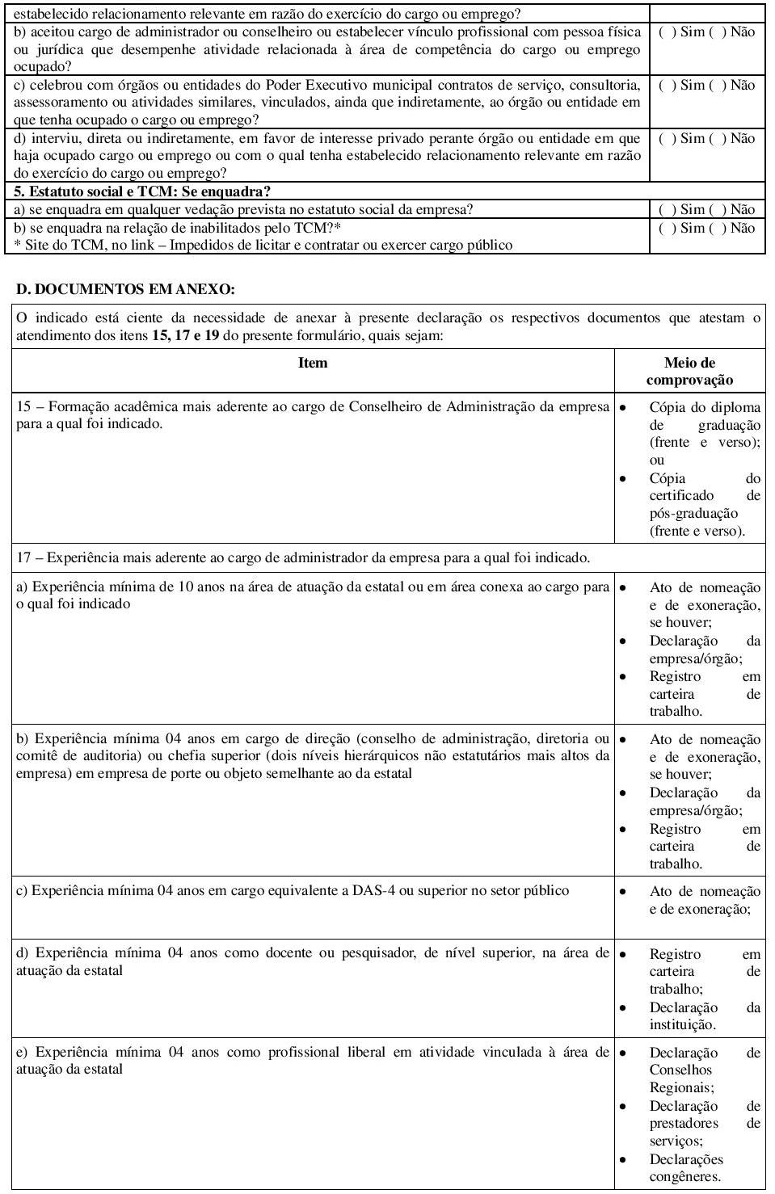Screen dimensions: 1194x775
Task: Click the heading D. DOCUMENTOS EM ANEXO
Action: [125, 288]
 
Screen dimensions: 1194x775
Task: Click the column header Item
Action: [313, 363]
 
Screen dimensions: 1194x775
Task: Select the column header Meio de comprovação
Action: [689, 371]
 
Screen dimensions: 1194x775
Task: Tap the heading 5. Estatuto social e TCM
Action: [141, 191]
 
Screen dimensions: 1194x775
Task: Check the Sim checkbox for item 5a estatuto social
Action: [663, 210]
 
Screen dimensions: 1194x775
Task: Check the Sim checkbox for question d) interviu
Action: [663, 139]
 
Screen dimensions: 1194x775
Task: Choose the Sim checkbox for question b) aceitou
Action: [663, 32]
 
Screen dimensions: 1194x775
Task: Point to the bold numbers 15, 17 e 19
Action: [185, 335]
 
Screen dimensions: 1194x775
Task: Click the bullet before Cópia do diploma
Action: [623, 407]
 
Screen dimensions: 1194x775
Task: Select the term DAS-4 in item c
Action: [373, 890]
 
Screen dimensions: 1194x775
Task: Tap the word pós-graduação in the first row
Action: [693, 513]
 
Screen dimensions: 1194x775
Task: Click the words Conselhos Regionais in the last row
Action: [681, 1078]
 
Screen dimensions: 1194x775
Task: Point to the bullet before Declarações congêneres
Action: [623, 1159]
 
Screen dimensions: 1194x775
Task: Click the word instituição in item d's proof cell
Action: [681, 1024]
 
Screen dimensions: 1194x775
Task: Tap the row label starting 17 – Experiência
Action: [303, 557]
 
